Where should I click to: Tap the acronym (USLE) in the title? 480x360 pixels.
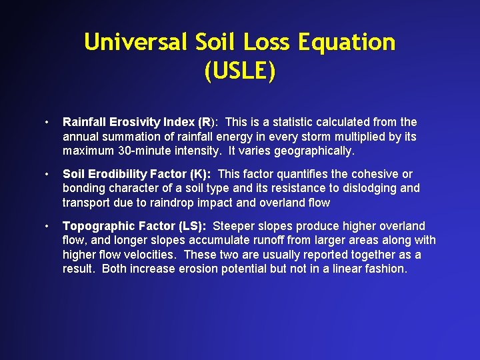click(239, 71)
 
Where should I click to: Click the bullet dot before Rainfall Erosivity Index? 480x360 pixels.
click(45, 123)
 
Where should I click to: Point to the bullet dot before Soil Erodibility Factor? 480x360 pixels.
click(45, 175)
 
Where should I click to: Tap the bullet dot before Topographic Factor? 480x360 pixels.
click(45, 227)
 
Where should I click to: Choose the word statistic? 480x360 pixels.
click(294, 122)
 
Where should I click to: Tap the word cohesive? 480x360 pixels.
click(373, 174)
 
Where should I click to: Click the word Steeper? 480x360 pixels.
click(233, 226)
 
